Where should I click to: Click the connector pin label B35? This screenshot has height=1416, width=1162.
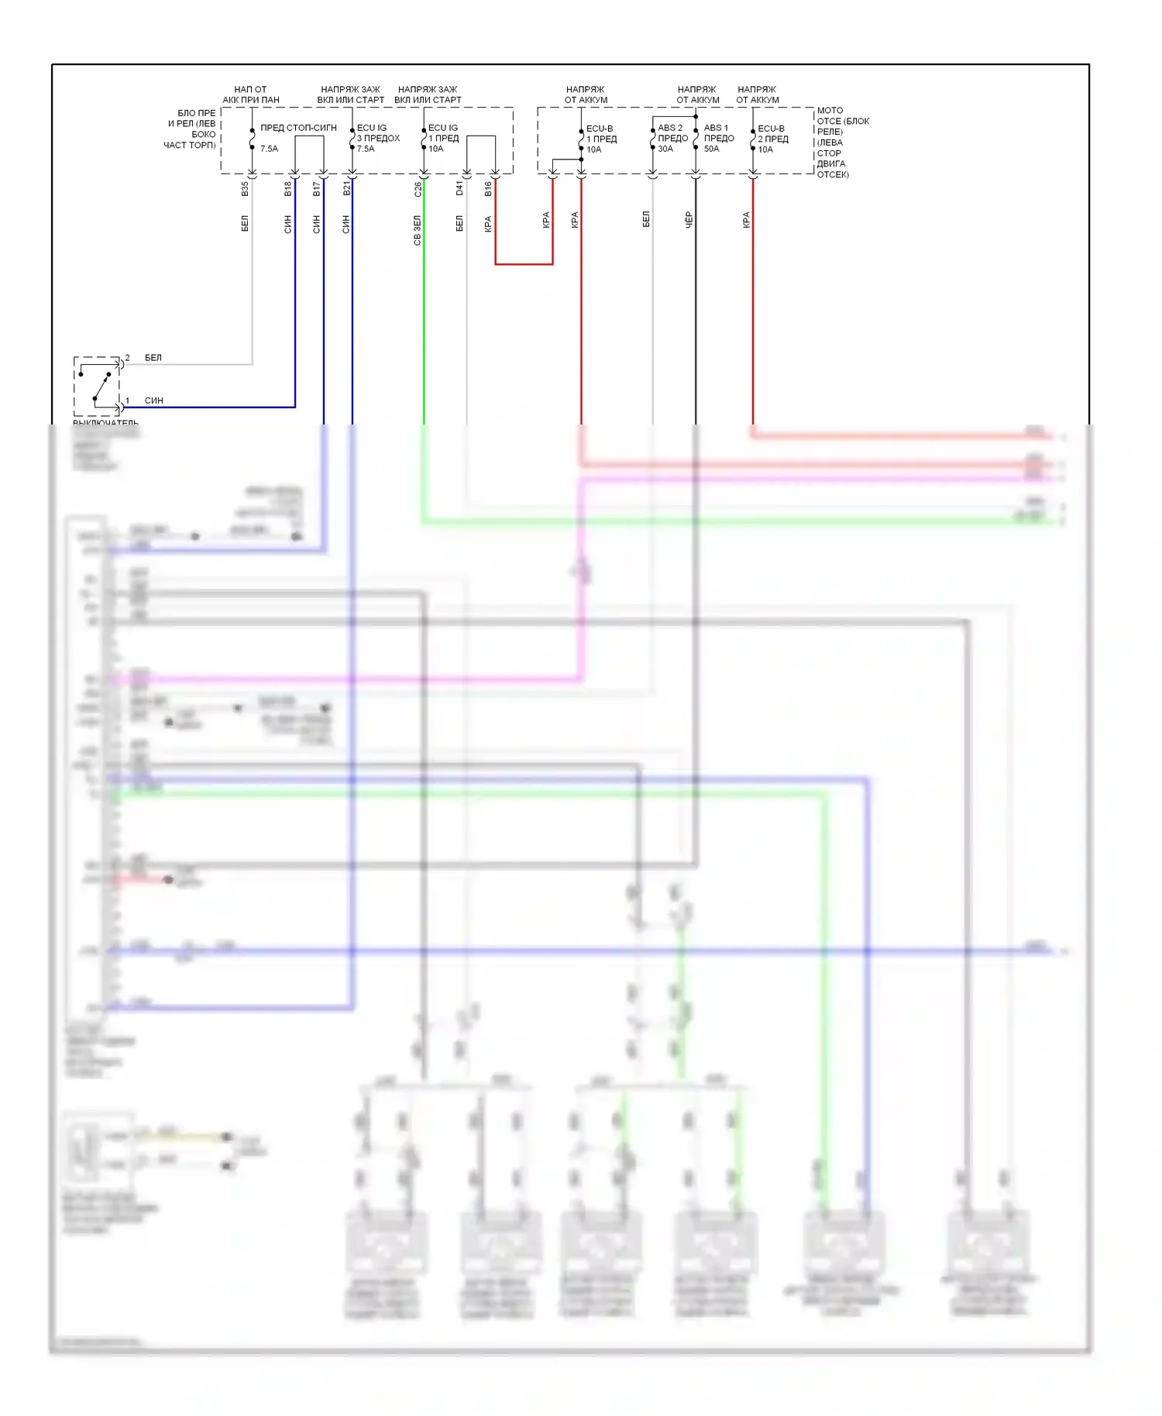245,188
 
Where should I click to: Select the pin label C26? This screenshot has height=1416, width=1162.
418,188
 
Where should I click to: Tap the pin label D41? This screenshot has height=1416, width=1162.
459,188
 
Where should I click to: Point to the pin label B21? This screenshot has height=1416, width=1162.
346,188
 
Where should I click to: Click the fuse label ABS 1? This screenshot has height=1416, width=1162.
716,128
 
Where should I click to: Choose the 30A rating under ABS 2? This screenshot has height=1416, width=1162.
665,149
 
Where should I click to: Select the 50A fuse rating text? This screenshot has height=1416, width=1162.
711,149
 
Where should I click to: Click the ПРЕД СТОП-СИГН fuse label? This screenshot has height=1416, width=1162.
298,128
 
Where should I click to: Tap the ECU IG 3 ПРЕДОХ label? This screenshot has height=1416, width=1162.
378,138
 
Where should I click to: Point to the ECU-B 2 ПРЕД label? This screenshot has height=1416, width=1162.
772,139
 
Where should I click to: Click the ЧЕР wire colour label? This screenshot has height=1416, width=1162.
689,220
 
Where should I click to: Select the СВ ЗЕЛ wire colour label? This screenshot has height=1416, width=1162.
418,231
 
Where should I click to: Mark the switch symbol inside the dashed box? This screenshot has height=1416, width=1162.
97,386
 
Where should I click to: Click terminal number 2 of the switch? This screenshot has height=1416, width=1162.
128,358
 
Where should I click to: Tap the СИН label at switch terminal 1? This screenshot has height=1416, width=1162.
153,400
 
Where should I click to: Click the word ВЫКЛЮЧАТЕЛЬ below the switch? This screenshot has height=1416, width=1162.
105,423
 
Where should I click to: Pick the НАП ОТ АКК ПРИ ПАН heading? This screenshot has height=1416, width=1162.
251,95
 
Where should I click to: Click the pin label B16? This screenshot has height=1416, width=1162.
488,188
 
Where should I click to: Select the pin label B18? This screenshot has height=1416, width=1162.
288,188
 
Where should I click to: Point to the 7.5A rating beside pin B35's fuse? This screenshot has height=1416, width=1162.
269,149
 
